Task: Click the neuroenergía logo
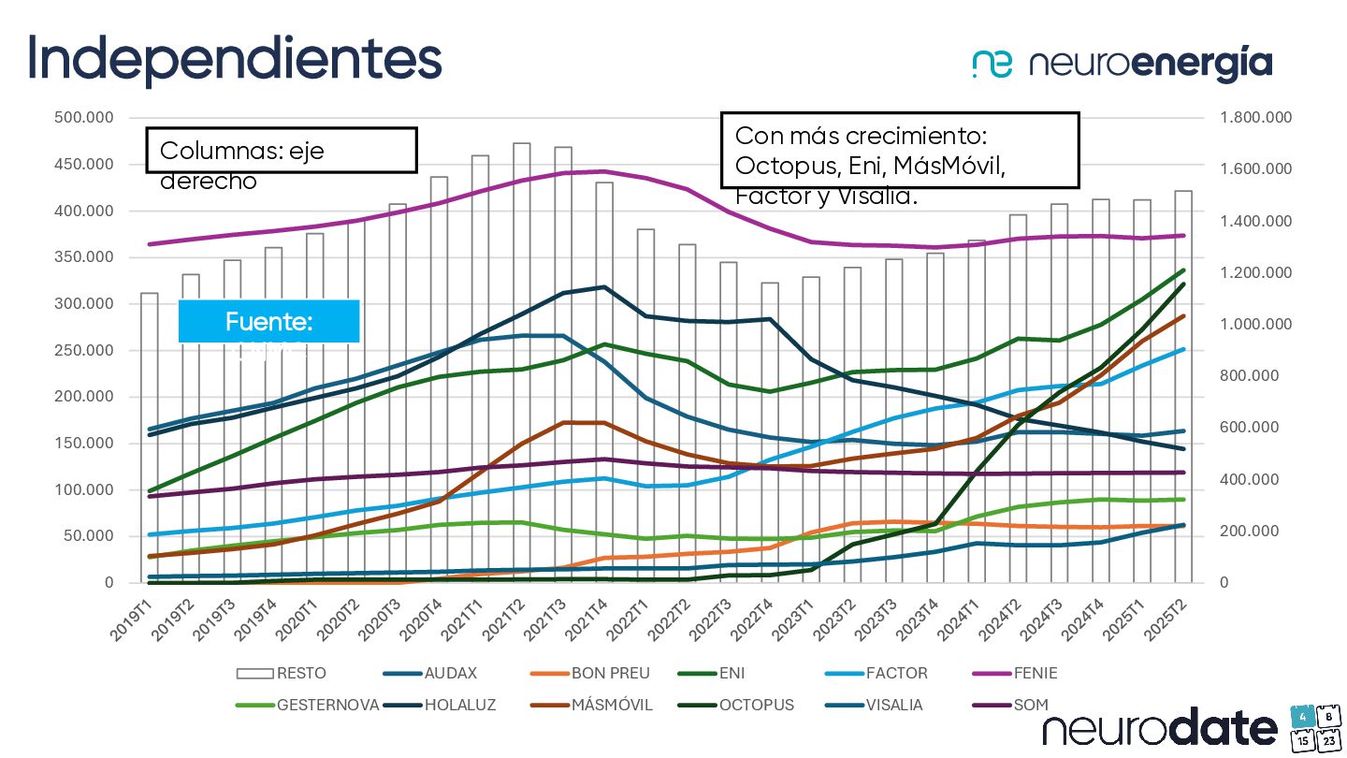pos(1122,64)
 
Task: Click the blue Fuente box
pos(268,322)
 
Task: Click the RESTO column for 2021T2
pos(522,374)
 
